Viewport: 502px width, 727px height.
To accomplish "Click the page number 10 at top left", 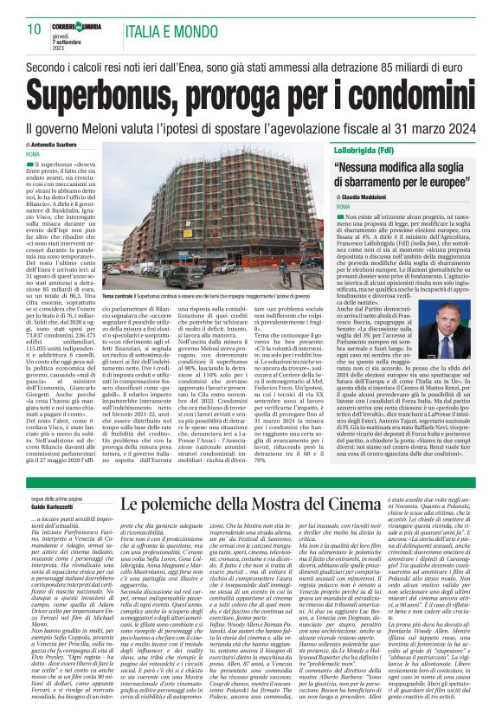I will tap(34, 29).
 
